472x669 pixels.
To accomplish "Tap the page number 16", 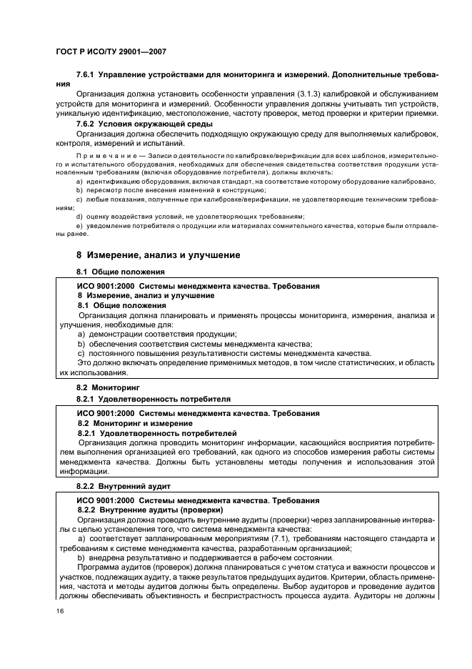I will (x=60, y=612).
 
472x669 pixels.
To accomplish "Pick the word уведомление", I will (x=110, y=225).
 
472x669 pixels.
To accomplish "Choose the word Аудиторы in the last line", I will (x=381, y=593).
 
